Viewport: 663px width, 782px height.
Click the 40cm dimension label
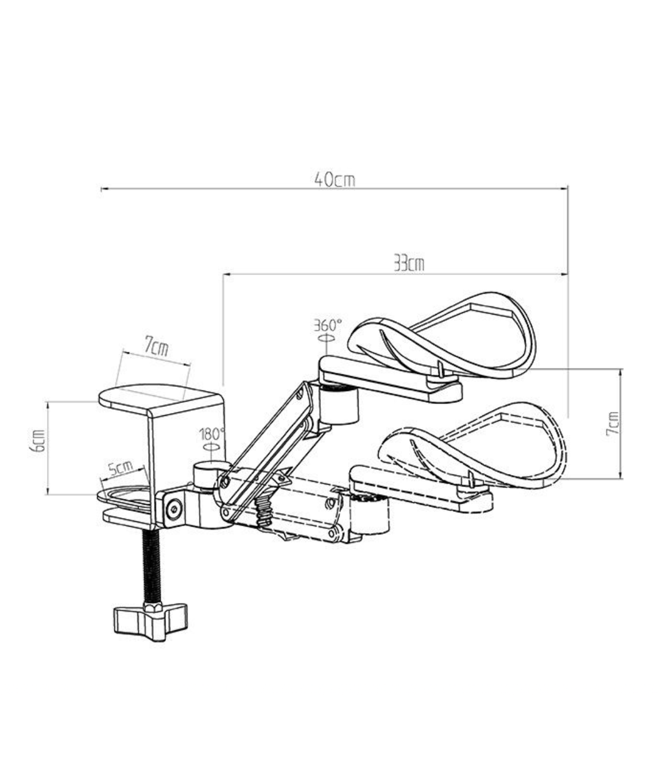(x=334, y=180)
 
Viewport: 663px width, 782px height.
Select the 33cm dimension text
(x=409, y=264)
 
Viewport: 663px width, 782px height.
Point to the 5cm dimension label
(x=121, y=468)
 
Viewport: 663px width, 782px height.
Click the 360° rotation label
(x=327, y=326)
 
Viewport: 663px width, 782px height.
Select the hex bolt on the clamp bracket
(x=174, y=509)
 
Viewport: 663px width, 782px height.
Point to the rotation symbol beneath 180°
(x=211, y=447)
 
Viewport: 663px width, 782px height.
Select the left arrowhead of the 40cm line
(x=103, y=189)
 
